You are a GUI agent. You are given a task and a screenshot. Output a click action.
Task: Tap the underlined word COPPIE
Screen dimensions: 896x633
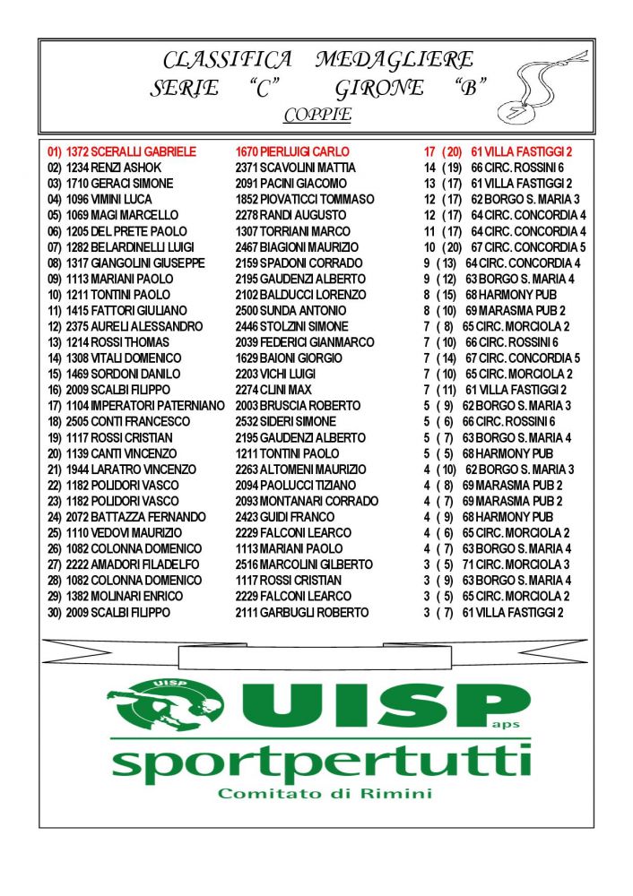click(316, 116)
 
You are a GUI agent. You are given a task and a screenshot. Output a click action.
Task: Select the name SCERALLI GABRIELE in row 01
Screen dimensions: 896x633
click(143, 152)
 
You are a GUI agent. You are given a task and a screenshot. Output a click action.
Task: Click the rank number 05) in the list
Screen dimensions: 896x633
click(54, 216)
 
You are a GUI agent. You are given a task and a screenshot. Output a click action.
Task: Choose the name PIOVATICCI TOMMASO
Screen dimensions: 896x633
click(316, 200)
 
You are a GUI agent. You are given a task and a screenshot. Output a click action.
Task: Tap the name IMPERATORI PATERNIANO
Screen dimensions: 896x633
click(157, 406)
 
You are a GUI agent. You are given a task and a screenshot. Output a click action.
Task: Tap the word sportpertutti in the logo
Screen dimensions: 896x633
click(318, 762)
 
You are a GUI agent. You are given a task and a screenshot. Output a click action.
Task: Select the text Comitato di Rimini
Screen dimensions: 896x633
click(325, 793)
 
